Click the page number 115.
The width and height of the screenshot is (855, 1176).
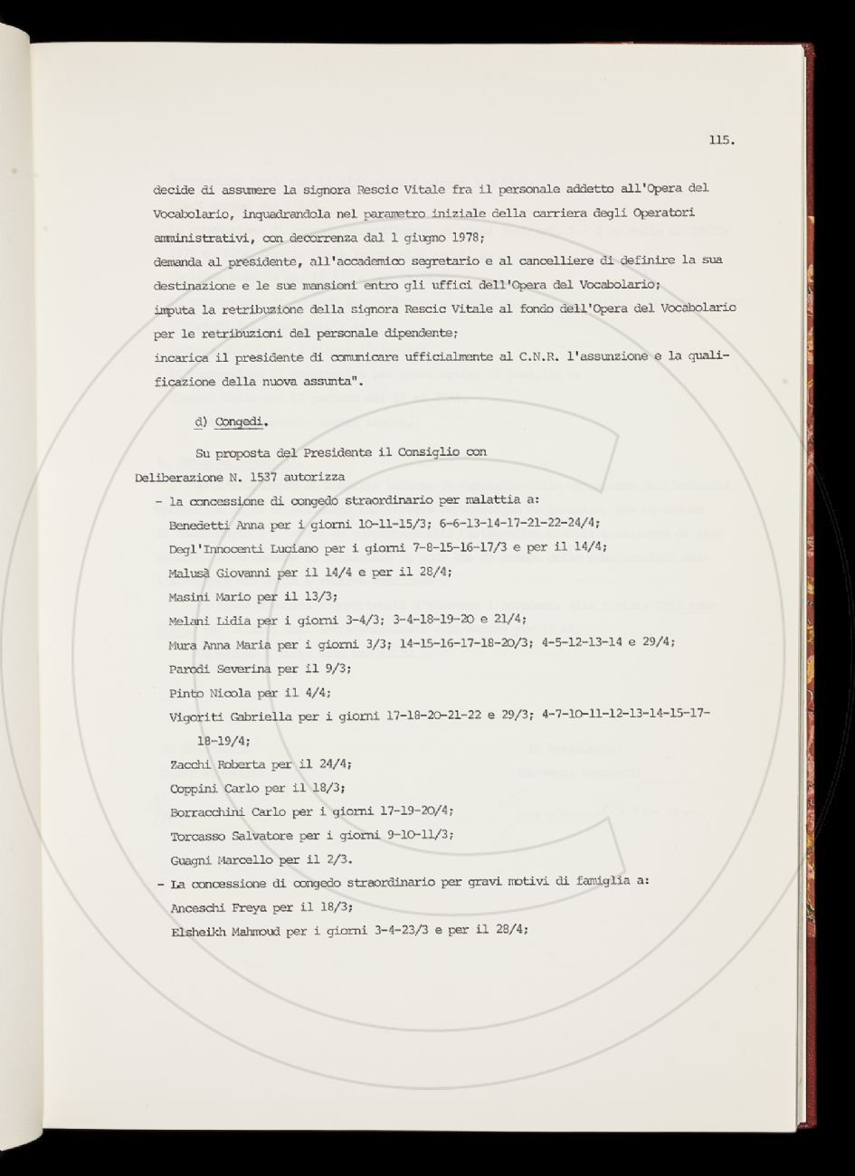[x=721, y=139]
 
